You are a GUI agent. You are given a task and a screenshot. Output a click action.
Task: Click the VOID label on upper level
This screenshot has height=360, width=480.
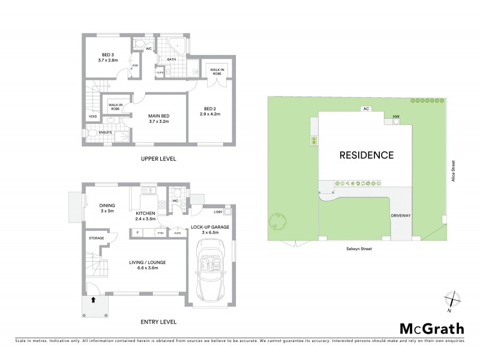point(92,116)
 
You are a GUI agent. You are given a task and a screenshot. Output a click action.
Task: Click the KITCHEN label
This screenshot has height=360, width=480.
point(146,213)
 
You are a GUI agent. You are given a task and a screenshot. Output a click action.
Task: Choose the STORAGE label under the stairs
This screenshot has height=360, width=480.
point(96,238)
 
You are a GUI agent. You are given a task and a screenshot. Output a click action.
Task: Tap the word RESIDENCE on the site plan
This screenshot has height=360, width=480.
point(367,155)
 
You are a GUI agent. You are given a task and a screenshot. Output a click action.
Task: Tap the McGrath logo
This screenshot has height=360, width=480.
point(431,328)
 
